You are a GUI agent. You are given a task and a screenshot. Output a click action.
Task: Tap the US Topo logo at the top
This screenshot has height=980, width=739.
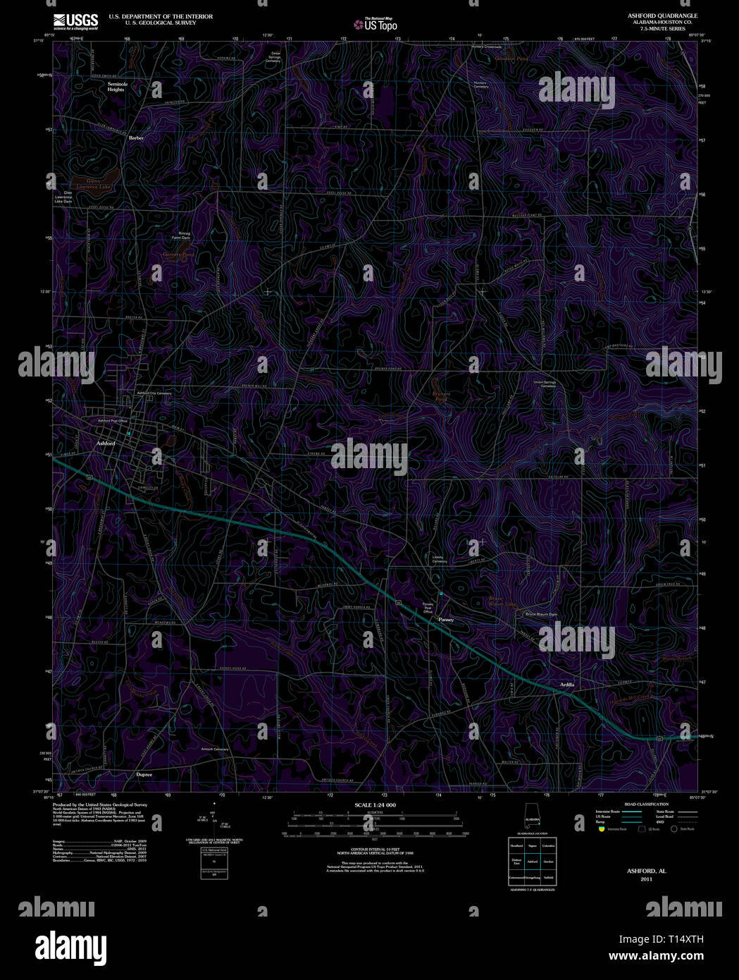[375, 25]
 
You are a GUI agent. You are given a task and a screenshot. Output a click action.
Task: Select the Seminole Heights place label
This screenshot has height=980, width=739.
[116, 87]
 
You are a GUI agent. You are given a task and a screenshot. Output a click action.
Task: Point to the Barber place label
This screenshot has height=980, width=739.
[136, 138]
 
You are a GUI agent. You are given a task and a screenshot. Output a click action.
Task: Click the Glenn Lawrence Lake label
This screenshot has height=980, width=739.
[94, 184]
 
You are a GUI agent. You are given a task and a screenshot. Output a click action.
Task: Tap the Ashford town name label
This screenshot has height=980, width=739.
[106, 443]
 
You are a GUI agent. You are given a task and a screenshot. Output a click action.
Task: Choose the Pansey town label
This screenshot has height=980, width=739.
[446, 620]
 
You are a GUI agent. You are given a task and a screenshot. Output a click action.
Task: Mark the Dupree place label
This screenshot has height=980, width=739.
[144, 775]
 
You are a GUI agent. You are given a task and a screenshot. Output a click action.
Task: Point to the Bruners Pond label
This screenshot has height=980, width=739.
[440, 397]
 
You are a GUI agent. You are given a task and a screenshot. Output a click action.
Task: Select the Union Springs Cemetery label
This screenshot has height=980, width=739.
[545, 384]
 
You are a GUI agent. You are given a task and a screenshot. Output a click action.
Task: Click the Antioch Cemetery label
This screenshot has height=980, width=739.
[216, 749]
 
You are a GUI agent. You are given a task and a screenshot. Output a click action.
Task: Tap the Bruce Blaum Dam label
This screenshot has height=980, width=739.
[541, 614]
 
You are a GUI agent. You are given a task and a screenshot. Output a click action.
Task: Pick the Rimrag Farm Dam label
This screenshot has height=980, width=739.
[180, 235]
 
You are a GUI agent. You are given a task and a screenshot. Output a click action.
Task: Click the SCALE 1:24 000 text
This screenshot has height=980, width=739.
[375, 805]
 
